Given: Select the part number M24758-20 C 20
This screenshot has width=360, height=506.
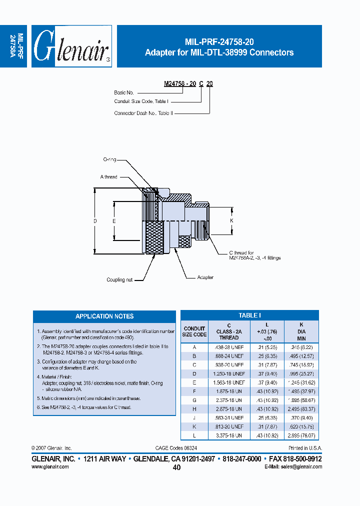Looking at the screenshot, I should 188,84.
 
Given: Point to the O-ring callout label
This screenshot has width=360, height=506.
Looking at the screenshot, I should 109,159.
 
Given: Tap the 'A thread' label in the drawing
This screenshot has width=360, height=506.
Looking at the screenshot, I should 108,177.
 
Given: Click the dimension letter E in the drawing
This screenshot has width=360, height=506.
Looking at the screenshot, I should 114,220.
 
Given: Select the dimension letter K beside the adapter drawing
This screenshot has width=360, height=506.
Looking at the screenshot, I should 231,220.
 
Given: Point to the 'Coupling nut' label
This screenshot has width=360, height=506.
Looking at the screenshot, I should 119,280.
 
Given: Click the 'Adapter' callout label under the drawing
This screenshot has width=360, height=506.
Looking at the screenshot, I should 205,277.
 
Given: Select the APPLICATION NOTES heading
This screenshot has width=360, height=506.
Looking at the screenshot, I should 104,316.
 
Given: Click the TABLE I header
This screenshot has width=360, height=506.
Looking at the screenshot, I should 249,315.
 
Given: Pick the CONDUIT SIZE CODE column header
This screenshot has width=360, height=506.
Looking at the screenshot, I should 194,331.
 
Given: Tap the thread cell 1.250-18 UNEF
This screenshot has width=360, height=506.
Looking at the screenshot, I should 229,373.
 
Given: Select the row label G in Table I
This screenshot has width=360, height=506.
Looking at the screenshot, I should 194,400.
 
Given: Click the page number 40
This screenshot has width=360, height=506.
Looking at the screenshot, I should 176,467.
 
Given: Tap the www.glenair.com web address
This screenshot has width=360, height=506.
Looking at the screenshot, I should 50,466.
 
